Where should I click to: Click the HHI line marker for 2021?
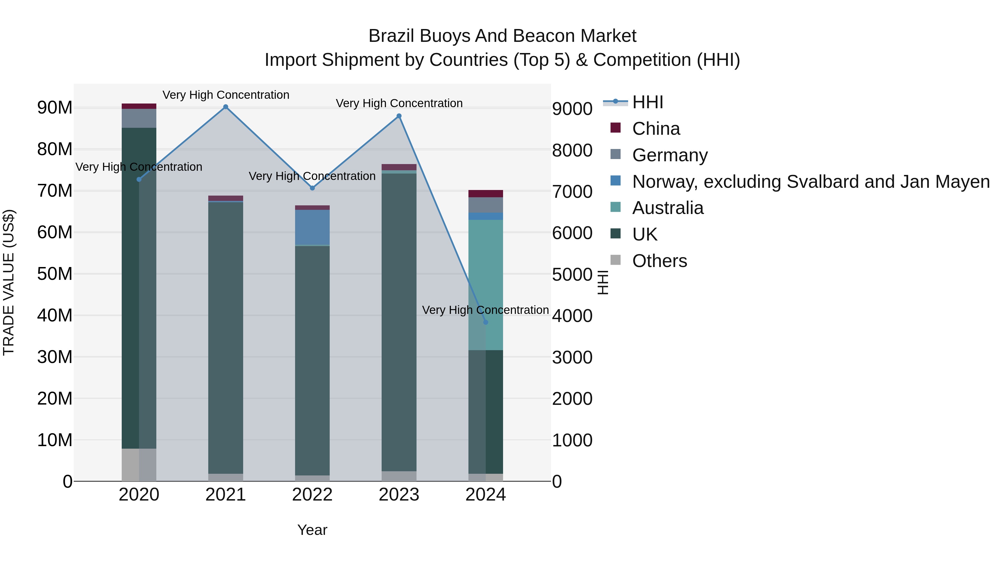(x=226, y=107)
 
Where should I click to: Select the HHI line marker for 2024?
(x=485, y=322)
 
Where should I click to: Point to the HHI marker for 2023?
(x=399, y=116)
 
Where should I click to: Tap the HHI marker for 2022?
(x=312, y=188)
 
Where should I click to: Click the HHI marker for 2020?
(x=139, y=179)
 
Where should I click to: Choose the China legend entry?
(x=656, y=129)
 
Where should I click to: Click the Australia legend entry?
(x=667, y=208)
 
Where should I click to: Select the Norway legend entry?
(x=811, y=182)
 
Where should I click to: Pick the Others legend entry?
(x=659, y=261)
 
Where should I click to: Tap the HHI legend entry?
(x=648, y=102)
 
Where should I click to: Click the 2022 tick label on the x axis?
(x=312, y=495)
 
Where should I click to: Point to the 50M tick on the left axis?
(x=55, y=274)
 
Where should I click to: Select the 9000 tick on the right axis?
(x=572, y=109)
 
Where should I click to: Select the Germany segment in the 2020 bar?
(x=139, y=118)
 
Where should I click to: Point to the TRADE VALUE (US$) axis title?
(x=9, y=282)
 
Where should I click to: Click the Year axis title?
(x=312, y=530)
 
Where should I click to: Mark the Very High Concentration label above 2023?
(x=399, y=103)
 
